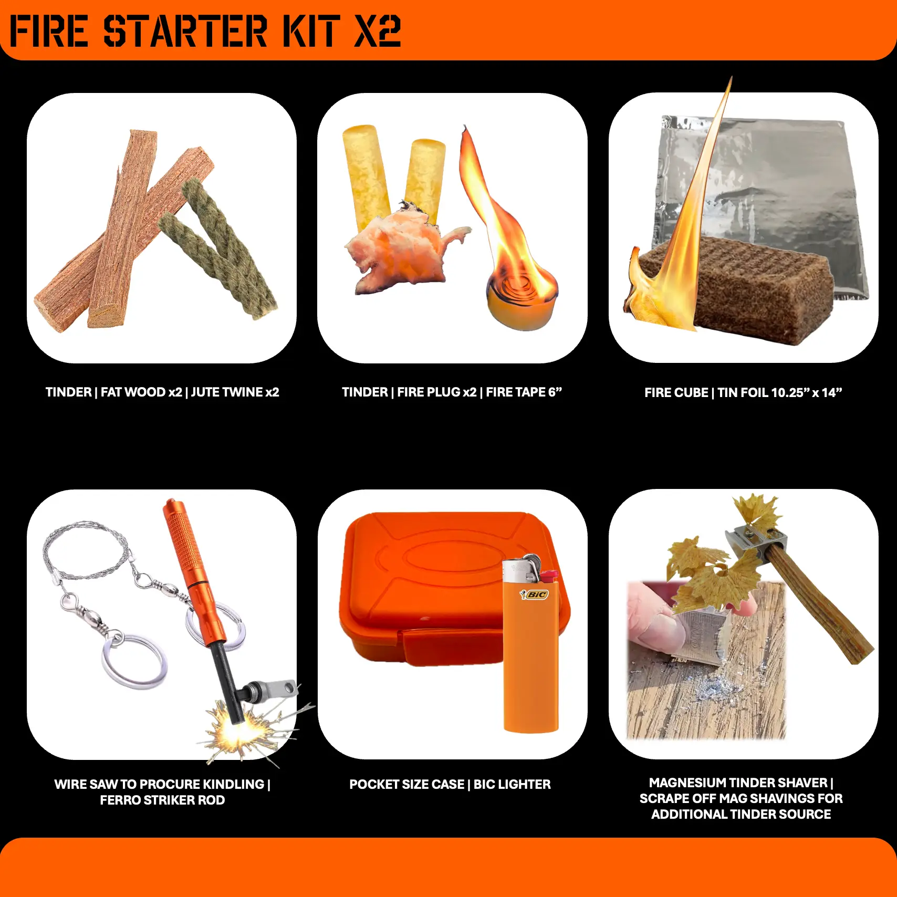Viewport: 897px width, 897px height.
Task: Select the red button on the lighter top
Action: pyautogui.click(x=549, y=576)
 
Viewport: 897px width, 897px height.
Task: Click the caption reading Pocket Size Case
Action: pyautogui.click(x=407, y=784)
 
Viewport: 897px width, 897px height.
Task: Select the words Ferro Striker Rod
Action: pyautogui.click(x=162, y=800)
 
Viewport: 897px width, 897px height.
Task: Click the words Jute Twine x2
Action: pyautogui.click(x=235, y=392)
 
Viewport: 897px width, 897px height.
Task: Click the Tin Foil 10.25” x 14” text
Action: pyautogui.click(x=780, y=392)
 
